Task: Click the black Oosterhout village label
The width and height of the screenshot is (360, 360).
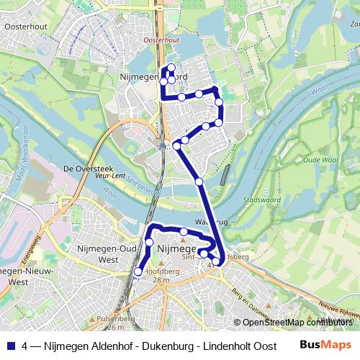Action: point(24,27)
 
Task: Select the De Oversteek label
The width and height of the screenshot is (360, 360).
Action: point(86,168)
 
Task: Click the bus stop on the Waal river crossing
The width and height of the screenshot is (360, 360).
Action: point(199,181)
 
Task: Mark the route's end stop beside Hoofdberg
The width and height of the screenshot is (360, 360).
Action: point(138,271)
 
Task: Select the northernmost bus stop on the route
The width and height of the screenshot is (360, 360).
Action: point(171,68)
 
